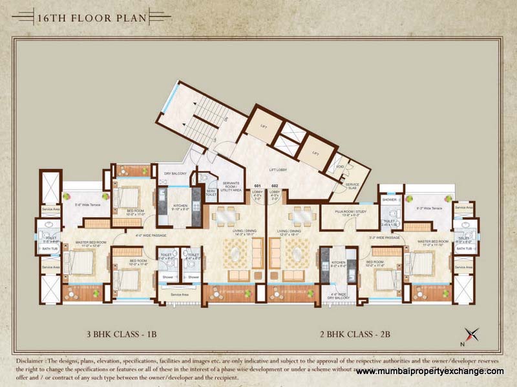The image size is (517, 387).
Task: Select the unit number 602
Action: point(274,186)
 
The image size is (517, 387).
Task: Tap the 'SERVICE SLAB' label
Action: point(352,186)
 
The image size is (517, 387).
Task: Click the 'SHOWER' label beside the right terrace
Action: point(390,199)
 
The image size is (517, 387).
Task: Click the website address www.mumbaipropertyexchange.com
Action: point(429,372)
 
